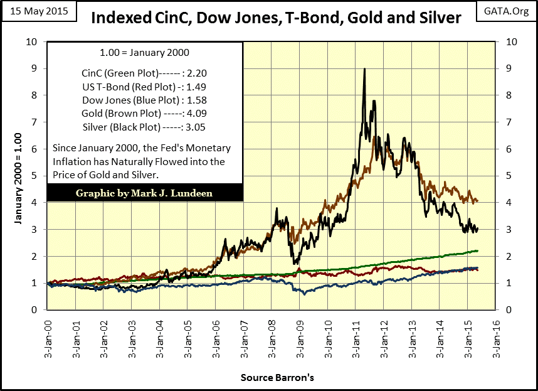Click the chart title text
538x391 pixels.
coord(277,18)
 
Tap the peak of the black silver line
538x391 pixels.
coord(364,69)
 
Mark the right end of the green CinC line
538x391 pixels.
coord(478,251)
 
